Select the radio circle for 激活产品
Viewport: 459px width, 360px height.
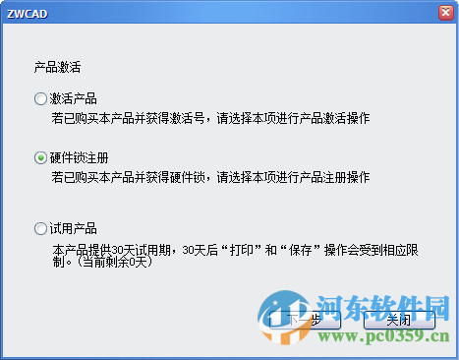tap(40, 98)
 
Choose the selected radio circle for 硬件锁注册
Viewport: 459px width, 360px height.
tap(40, 156)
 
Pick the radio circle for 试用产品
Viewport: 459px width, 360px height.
tap(40, 228)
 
